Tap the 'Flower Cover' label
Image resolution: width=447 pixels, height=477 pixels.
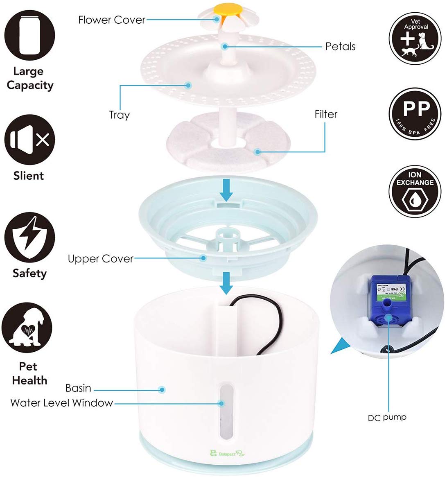(111, 20)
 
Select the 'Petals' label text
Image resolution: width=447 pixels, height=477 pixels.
(340, 46)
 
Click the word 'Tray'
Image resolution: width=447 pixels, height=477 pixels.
(119, 115)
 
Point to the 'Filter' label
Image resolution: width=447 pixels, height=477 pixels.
(326, 114)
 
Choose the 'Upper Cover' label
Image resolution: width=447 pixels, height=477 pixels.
(100, 259)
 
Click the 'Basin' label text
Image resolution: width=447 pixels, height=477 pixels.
(78, 388)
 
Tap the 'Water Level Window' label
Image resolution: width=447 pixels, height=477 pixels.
(61, 402)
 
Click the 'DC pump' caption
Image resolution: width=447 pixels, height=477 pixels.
(387, 418)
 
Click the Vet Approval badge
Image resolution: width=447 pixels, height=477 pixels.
(415, 38)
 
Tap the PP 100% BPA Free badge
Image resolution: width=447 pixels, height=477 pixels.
(415, 114)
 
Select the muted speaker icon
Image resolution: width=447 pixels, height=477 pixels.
(30, 140)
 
